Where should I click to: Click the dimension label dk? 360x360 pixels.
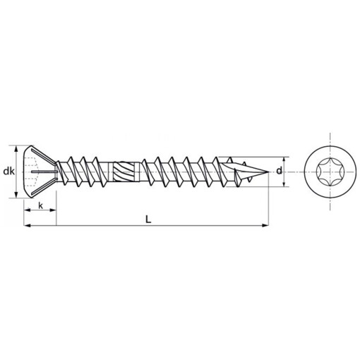pyautogui.click(x=8, y=172)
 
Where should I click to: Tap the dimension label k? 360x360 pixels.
pyautogui.click(x=41, y=205)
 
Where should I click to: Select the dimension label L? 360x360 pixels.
pyautogui.click(x=148, y=220)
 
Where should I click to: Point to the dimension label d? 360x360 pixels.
pyautogui.click(x=280, y=171)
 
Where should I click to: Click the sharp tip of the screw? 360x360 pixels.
pyautogui.click(x=268, y=172)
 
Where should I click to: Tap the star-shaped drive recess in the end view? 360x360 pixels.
pyautogui.click(x=330, y=172)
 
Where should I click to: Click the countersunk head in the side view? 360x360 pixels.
pyautogui.click(x=40, y=172)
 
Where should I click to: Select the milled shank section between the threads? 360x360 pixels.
pyautogui.click(x=126, y=172)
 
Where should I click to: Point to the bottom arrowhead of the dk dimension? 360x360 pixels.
pyautogui.click(x=16, y=195)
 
